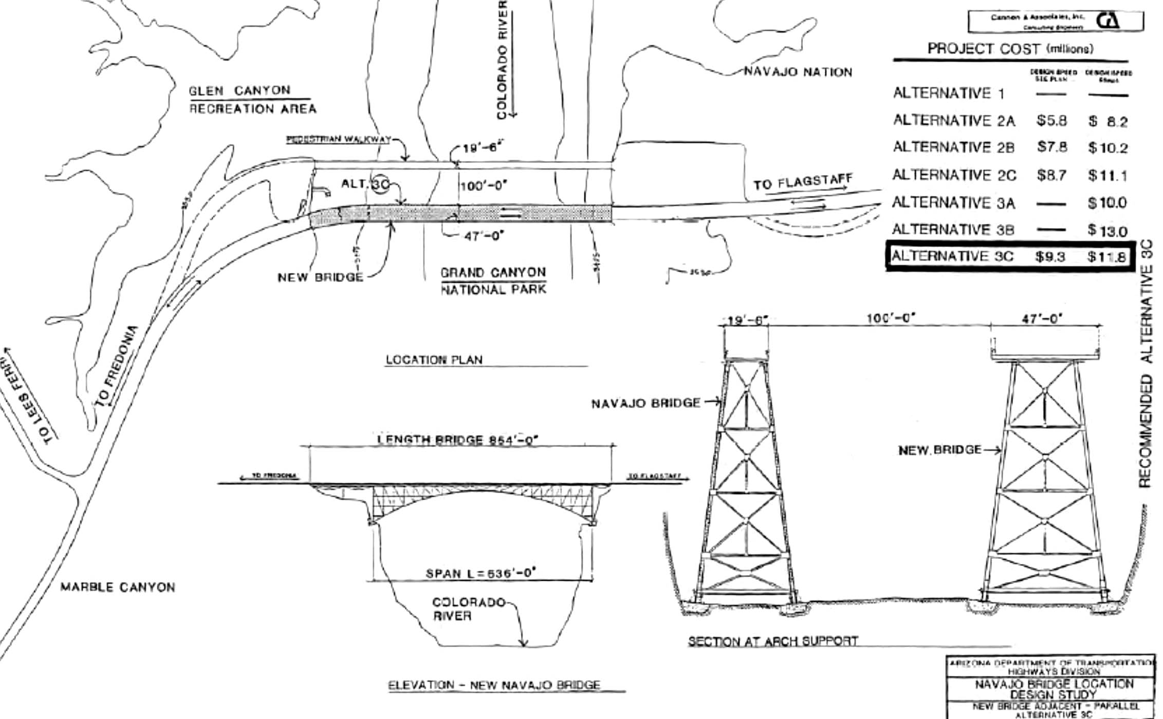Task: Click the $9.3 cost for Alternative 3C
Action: [x=1050, y=256]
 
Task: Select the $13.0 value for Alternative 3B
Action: [x=1107, y=231]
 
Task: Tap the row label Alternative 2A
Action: [x=954, y=121]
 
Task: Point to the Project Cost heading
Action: [x=1010, y=49]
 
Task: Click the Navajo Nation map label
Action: [x=798, y=72]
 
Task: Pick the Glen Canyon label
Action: [x=239, y=91]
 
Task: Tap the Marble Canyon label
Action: [x=118, y=587]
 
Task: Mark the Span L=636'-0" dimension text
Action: [x=481, y=573]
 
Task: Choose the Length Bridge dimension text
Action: [x=457, y=440]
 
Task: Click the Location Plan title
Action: [x=434, y=359]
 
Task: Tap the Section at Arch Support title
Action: [x=773, y=641]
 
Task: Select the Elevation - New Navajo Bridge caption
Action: [x=494, y=685]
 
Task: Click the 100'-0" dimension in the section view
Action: [x=891, y=318]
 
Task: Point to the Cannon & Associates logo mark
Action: [x=1109, y=21]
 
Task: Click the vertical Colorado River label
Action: [x=502, y=59]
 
